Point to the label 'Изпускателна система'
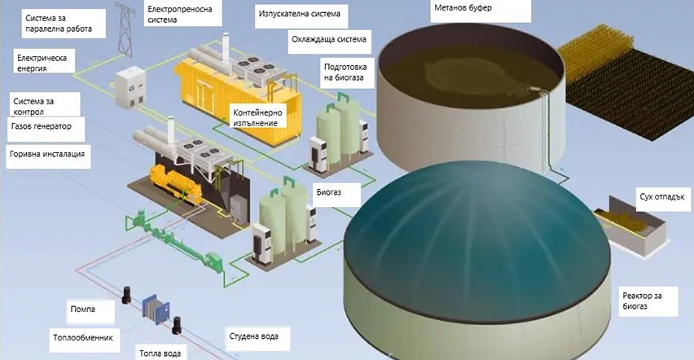point(299,15)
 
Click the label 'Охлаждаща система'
point(327,39)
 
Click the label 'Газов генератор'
point(42,127)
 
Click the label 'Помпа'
point(82,310)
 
